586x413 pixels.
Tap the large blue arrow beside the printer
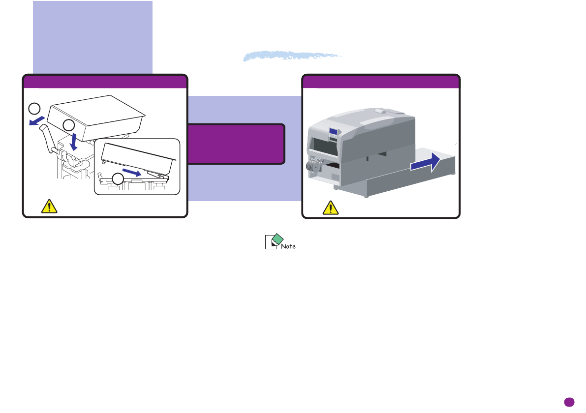[x=424, y=163]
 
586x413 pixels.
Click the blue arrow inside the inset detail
[x=135, y=172]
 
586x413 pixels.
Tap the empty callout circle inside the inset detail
[x=117, y=179]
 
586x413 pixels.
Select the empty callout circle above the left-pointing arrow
[x=33, y=109]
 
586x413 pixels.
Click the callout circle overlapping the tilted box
[x=69, y=125]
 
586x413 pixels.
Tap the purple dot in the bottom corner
[x=569, y=401]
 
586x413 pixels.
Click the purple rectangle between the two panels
[x=236, y=144]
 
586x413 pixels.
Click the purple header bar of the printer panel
[x=381, y=81]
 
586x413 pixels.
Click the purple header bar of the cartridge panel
[x=105, y=81]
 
